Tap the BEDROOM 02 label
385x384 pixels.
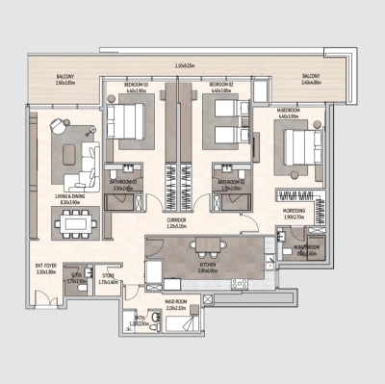coord(222,86)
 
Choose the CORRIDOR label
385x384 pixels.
coord(175,221)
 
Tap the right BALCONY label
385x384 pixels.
coord(311,78)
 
